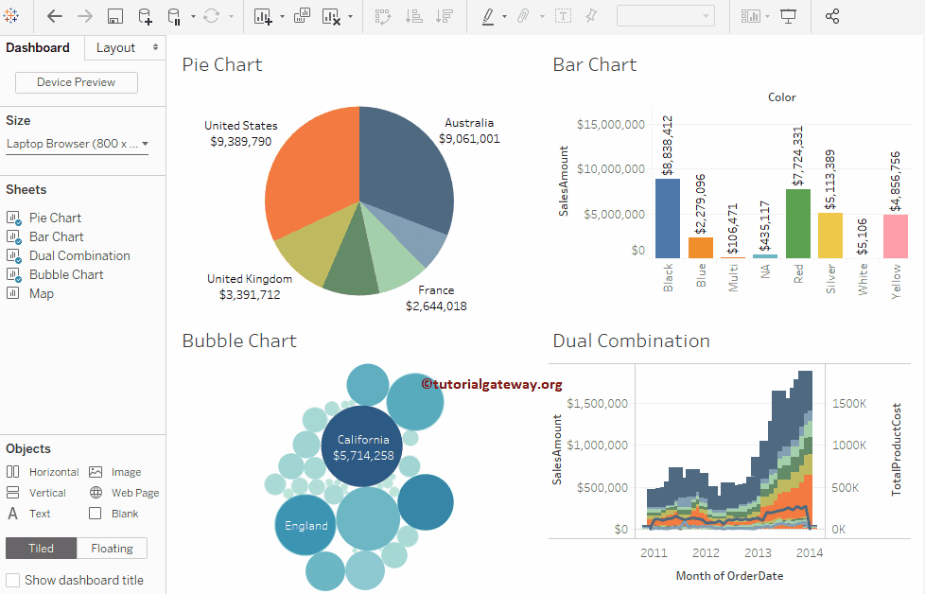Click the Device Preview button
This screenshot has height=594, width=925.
[76, 82]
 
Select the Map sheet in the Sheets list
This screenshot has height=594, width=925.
[41, 293]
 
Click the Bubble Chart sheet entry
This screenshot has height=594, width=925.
[65, 274]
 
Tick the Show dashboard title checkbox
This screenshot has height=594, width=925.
[13, 580]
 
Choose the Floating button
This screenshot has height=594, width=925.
[112, 548]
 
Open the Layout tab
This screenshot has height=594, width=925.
[116, 47]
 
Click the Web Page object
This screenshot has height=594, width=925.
[134, 493]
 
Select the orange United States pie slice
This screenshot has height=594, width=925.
[307, 175]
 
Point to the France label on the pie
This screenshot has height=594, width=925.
[435, 290]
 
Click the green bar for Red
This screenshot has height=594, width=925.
[797, 223]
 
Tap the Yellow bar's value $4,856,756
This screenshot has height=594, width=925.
[896, 176]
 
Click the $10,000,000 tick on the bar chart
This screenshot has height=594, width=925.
[610, 169]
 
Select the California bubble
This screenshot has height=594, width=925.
[363, 446]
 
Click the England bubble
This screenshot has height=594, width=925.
[305, 525]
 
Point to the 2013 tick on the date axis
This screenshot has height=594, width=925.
[758, 552]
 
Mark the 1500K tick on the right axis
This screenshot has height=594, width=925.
[849, 403]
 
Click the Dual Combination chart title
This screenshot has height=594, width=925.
[631, 341]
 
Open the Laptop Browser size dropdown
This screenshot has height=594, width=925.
[77, 144]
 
